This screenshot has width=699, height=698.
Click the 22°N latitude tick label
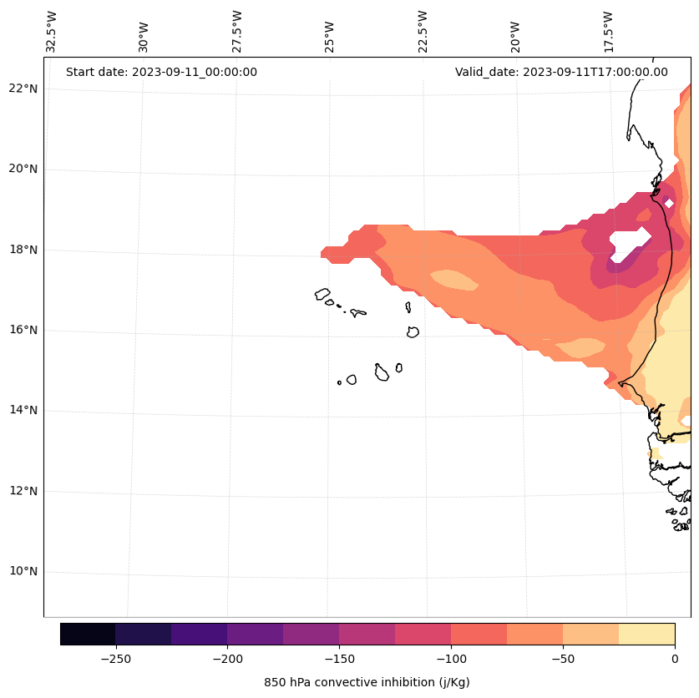23,89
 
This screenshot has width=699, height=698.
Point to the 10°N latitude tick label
23,572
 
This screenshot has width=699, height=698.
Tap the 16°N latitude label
23,330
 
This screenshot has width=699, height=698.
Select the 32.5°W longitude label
52,32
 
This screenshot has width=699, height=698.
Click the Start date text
161,72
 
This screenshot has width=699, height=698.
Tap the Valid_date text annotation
561,72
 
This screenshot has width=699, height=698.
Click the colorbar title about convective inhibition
367,682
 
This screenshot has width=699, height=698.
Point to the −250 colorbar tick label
115,659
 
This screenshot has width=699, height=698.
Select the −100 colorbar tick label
451,659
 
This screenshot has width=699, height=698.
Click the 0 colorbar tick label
674,659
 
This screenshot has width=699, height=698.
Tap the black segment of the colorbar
88,634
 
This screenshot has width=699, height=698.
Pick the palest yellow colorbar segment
646,634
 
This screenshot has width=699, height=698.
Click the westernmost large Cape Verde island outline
322,294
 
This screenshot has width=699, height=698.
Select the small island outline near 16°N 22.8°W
413,331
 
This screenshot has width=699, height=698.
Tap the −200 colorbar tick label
227,659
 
